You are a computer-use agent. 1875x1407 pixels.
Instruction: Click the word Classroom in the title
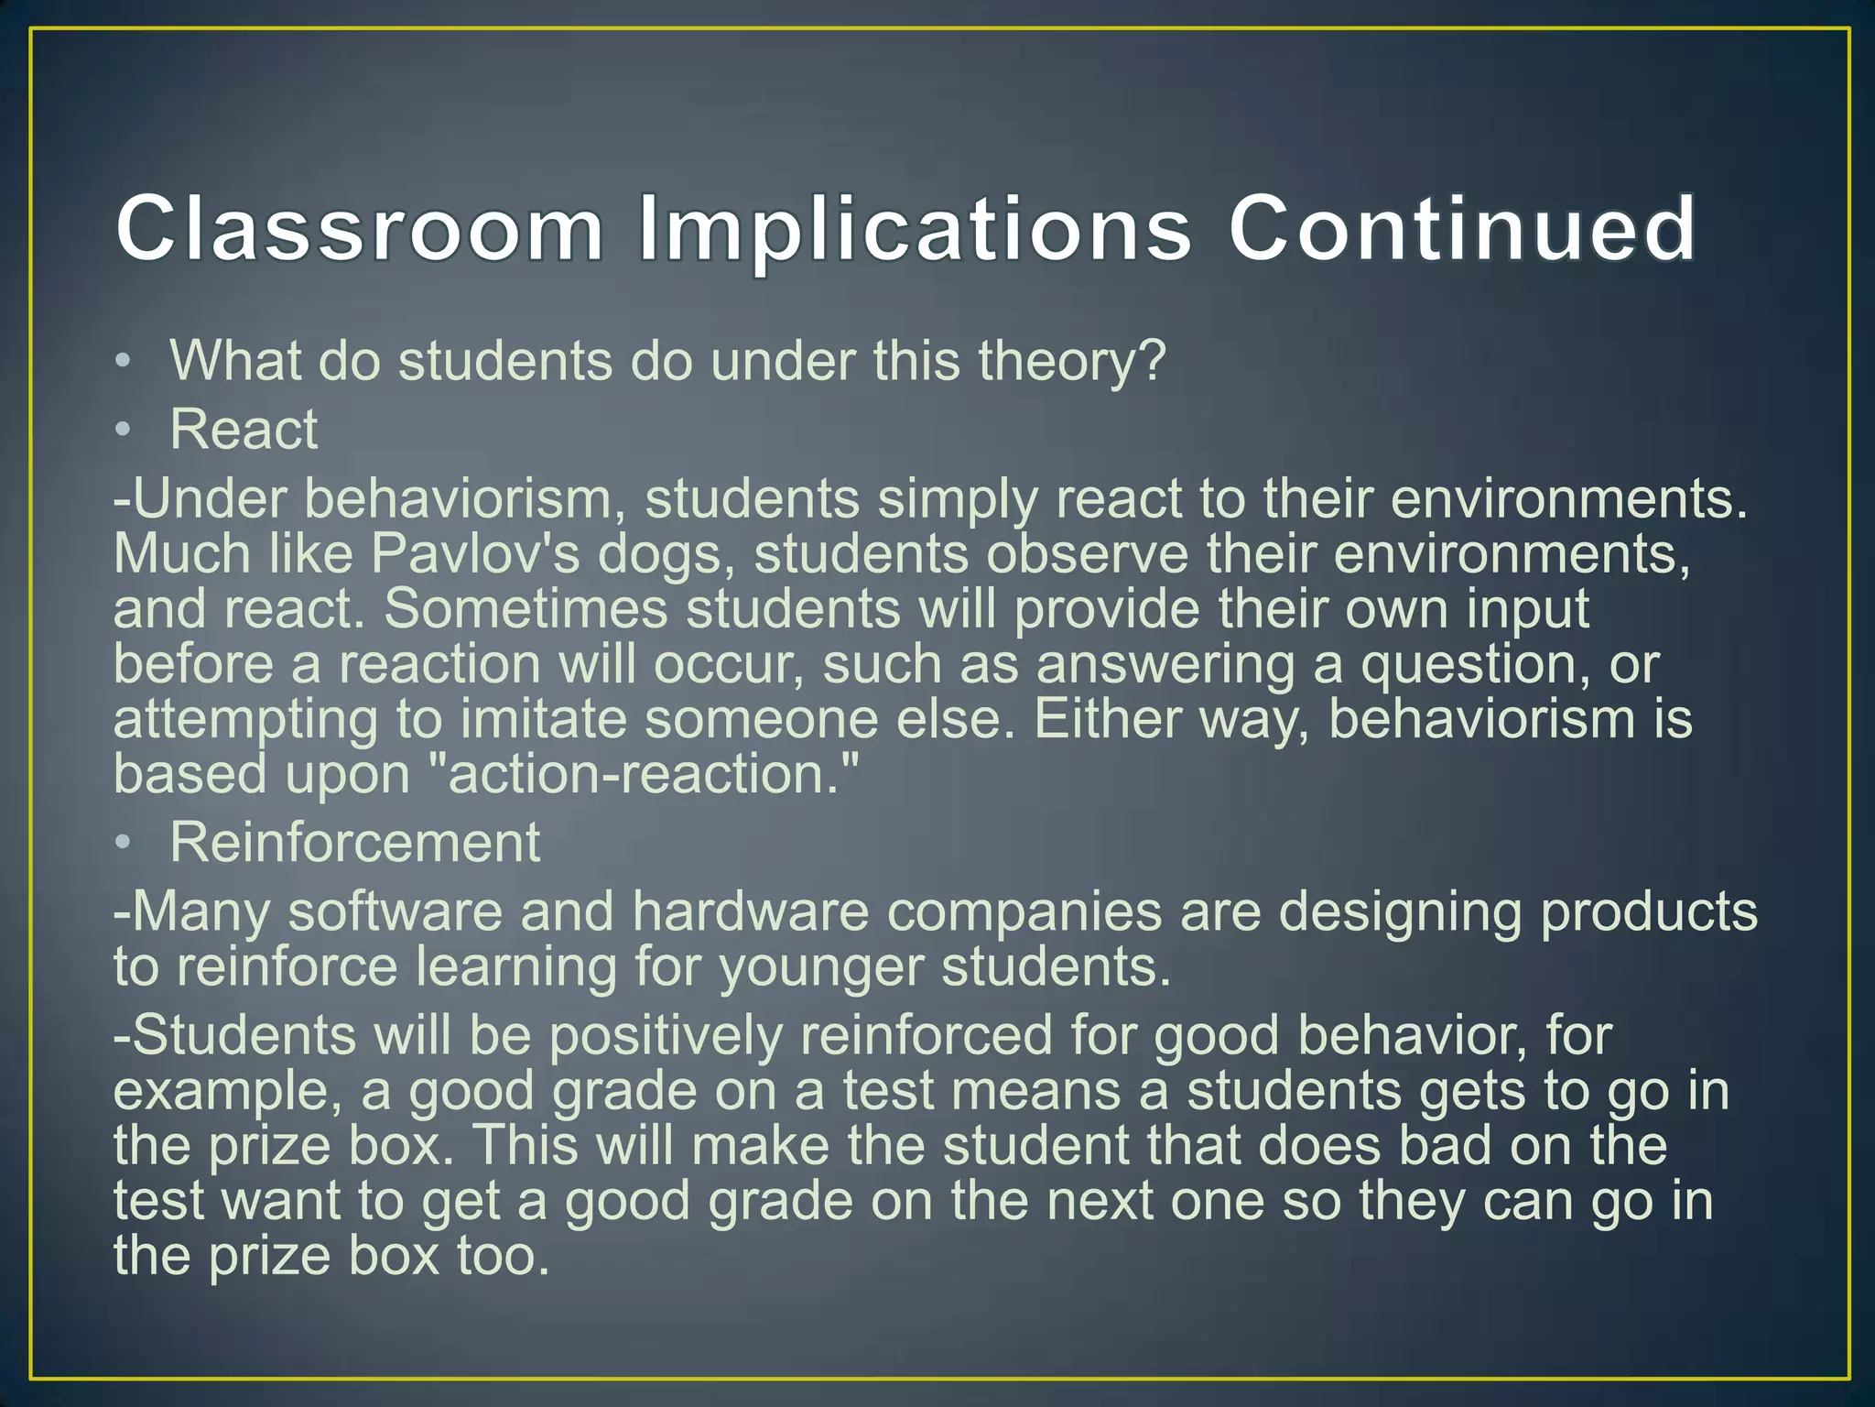pos(359,228)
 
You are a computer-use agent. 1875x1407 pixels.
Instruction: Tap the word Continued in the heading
pos(1461,228)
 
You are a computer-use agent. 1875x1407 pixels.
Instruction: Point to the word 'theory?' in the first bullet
pos(1072,362)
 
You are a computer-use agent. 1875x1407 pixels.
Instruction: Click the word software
pos(395,912)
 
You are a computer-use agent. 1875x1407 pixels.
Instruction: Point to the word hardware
pos(750,912)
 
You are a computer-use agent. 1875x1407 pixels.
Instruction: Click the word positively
pos(666,1036)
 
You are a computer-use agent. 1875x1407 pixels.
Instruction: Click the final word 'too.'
pos(503,1256)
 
